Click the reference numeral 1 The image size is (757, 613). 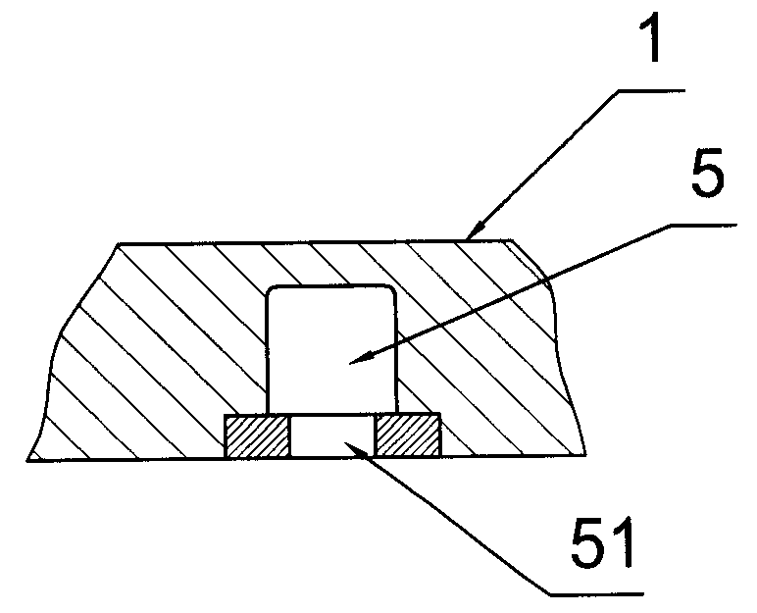click(x=655, y=38)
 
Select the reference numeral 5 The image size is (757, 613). click(x=708, y=172)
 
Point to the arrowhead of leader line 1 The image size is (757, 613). click(x=475, y=231)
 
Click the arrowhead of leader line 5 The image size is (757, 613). click(x=361, y=356)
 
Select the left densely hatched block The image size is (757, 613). click(x=257, y=435)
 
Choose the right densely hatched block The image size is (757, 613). click(x=408, y=434)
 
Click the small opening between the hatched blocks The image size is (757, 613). click(x=332, y=435)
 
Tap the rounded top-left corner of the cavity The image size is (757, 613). click(x=271, y=290)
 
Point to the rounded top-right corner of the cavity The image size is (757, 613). click(x=391, y=290)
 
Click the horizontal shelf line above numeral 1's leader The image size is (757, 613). click(x=651, y=90)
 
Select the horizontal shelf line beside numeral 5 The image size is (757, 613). click(x=703, y=225)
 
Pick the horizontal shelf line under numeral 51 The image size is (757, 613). click(x=597, y=593)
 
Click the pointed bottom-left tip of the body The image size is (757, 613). click(x=27, y=460)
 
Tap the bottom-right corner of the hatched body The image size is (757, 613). click(x=585, y=455)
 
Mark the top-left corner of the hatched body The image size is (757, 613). click(x=119, y=244)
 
